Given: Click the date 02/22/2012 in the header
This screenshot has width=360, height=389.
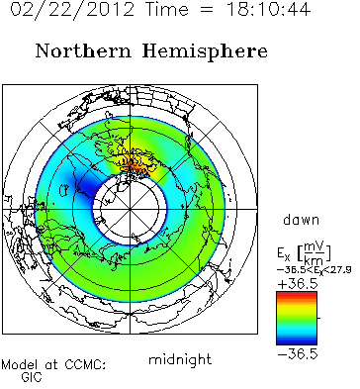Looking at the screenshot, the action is pyautogui.click(x=72, y=9).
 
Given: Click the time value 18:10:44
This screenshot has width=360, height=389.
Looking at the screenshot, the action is pyautogui.click(x=269, y=9).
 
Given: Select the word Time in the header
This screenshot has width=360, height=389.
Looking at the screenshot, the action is pyautogui.click(x=167, y=9).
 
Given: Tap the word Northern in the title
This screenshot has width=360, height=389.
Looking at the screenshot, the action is pyautogui.click(x=83, y=51).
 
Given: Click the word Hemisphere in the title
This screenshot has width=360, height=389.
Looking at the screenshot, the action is pyautogui.click(x=205, y=52).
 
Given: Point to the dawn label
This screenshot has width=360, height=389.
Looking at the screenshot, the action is pyautogui.click(x=302, y=220).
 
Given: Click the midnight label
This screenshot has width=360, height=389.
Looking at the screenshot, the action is pyautogui.click(x=180, y=359).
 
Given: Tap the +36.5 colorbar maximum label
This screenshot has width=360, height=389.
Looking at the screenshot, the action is pyautogui.click(x=298, y=284).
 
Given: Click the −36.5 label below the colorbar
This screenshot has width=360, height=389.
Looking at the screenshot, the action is pyautogui.click(x=298, y=354).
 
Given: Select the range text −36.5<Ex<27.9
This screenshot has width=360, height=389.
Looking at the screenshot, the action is pyautogui.click(x=314, y=270).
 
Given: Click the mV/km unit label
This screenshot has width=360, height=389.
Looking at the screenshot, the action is pyautogui.click(x=315, y=253).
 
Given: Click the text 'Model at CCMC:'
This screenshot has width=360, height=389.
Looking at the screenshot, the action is pyautogui.click(x=53, y=365).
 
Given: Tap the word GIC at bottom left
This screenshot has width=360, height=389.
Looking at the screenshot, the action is pyautogui.click(x=32, y=377).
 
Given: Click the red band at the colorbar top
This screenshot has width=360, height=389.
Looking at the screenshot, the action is pyautogui.click(x=297, y=295).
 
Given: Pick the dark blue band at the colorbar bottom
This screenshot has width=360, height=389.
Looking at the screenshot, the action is pyautogui.click(x=297, y=341).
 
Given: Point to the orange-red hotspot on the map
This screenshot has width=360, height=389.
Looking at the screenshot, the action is pyautogui.click(x=135, y=165).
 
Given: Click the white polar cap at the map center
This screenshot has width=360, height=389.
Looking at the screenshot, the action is pyautogui.click(x=130, y=209).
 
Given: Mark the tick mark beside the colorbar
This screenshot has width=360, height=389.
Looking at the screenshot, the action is pyautogui.click(x=318, y=318).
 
